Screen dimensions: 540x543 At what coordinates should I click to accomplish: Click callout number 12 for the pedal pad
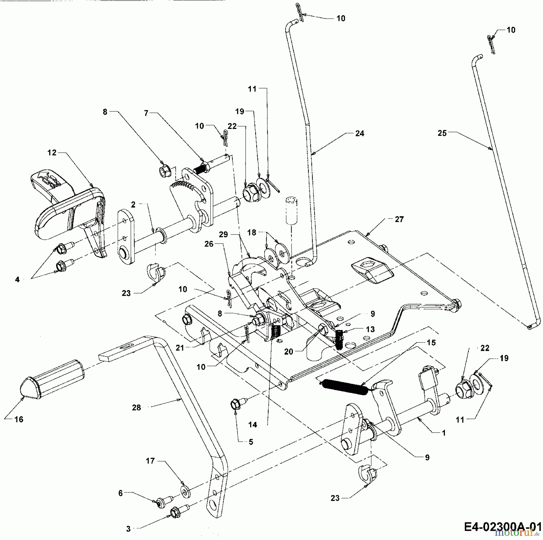(x=52, y=153)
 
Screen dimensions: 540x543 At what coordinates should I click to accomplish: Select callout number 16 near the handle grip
(x=19, y=419)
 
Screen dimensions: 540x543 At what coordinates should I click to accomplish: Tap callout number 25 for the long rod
(x=442, y=133)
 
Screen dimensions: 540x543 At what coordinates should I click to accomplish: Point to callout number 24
(x=360, y=133)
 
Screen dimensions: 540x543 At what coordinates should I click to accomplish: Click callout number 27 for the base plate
(x=399, y=219)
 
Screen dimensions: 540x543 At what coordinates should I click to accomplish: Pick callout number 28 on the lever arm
(x=136, y=407)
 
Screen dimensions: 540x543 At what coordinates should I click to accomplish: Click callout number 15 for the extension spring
(x=431, y=343)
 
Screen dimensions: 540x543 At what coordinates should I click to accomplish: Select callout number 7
(x=146, y=113)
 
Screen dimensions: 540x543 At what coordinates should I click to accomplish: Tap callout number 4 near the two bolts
(x=17, y=280)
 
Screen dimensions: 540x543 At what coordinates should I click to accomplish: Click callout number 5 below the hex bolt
(x=251, y=442)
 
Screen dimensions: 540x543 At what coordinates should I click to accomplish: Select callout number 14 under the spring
(x=252, y=425)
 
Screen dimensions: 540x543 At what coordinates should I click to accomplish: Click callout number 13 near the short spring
(x=370, y=329)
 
